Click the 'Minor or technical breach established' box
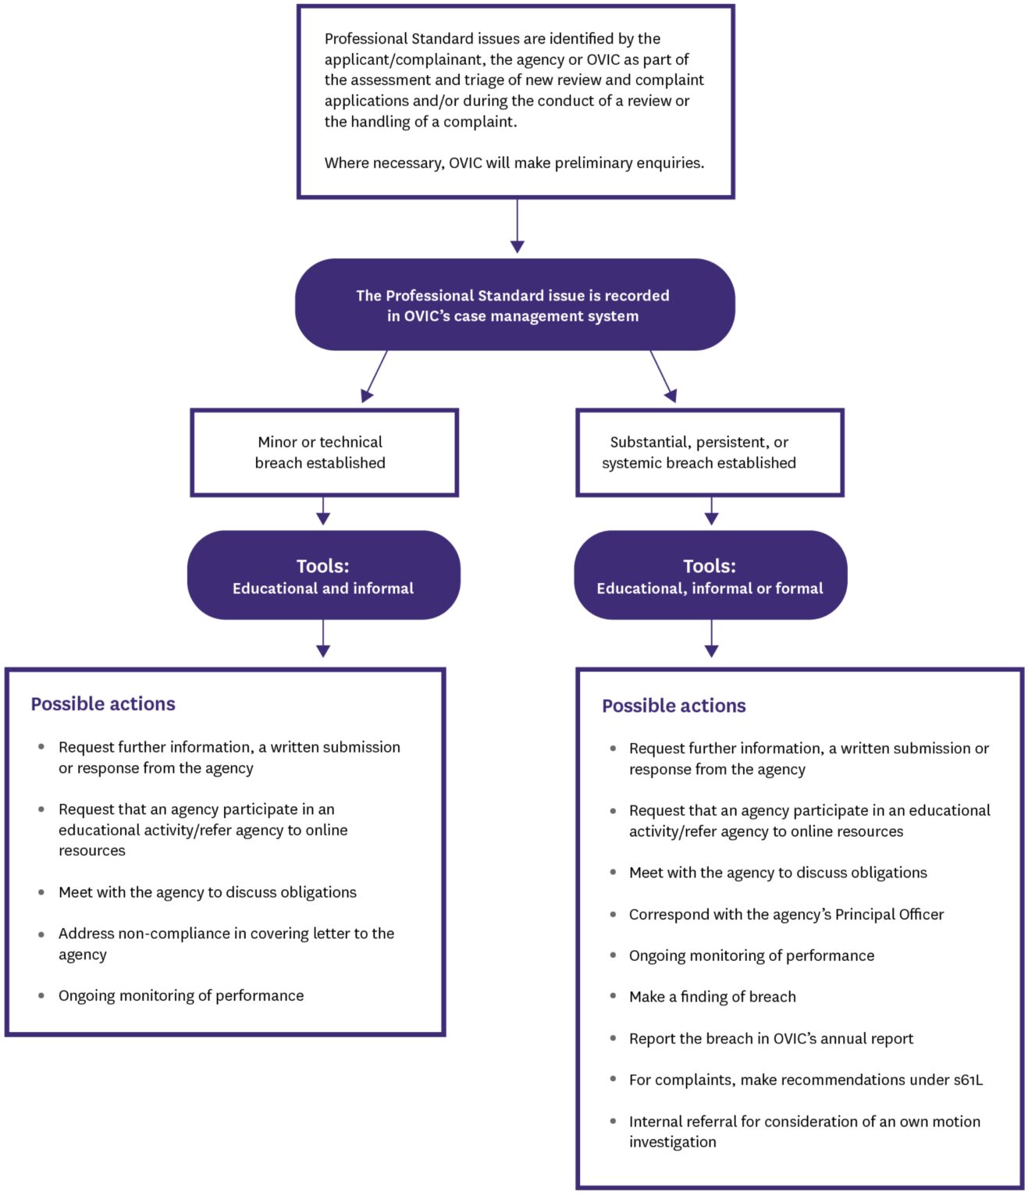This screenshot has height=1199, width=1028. pyautogui.click(x=324, y=453)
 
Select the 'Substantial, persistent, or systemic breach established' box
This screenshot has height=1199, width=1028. pyautogui.click(x=710, y=453)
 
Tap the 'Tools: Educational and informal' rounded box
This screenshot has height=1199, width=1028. pyautogui.click(x=323, y=576)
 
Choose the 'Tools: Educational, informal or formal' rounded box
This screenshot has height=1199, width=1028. pyautogui.click(x=710, y=576)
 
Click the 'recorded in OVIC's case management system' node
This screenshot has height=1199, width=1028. pyautogui.click(x=514, y=305)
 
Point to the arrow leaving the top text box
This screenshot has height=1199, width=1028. pyautogui.click(x=517, y=226)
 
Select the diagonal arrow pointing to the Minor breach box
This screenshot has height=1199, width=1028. pyautogui.click(x=375, y=376)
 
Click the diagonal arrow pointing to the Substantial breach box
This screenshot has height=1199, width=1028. pyautogui.click(x=662, y=376)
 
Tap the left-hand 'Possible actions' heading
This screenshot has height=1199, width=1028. pyautogui.click(x=103, y=704)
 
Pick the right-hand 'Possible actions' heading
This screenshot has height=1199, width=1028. pyautogui.click(x=674, y=706)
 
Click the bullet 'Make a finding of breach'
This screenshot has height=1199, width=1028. pyautogui.click(x=712, y=997)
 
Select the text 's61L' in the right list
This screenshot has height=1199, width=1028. pyautogui.click(x=968, y=1080)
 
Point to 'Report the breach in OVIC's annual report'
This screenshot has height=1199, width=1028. pyautogui.click(x=770, y=1039)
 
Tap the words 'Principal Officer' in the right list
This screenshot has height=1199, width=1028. pyautogui.click(x=889, y=915)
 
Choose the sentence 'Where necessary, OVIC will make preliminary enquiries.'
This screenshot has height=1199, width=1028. pyautogui.click(x=514, y=163)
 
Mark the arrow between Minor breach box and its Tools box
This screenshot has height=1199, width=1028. pyautogui.click(x=323, y=511)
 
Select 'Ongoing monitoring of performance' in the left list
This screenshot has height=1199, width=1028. pyautogui.click(x=181, y=996)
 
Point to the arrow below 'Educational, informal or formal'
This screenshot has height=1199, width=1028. pyautogui.click(x=711, y=639)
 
